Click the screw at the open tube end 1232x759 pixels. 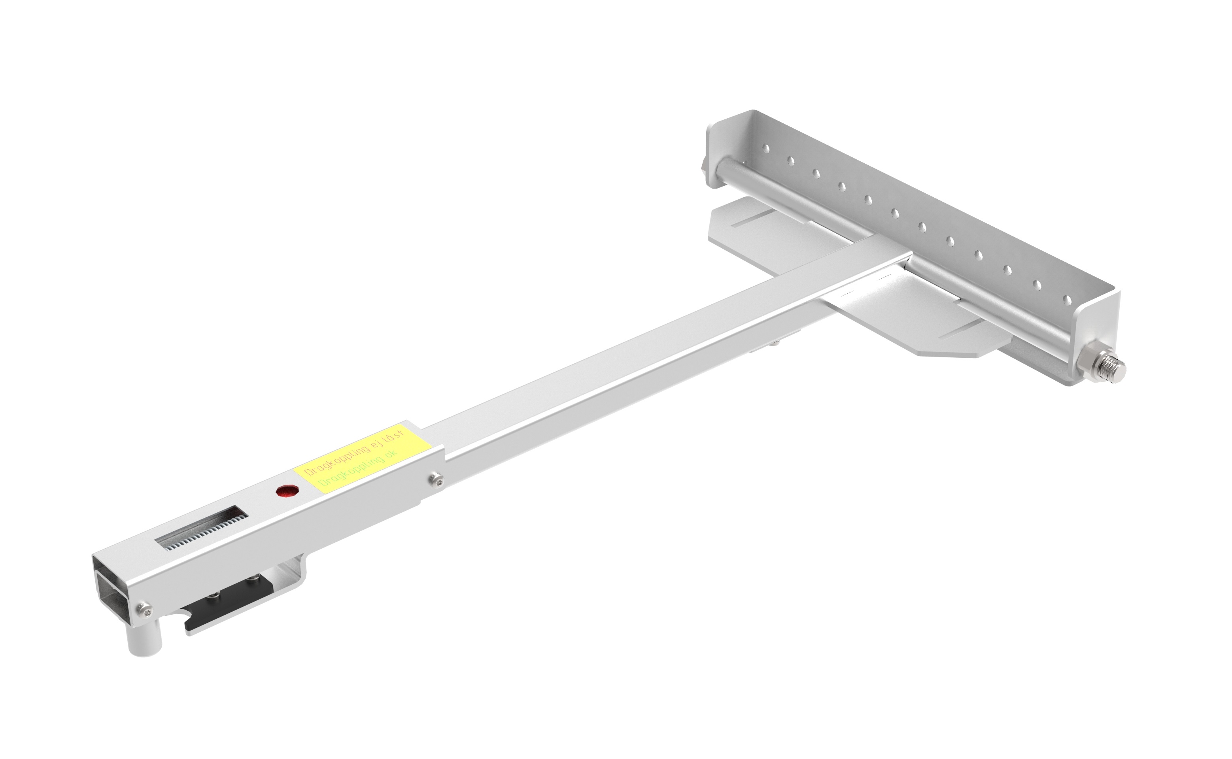coord(145,609)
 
